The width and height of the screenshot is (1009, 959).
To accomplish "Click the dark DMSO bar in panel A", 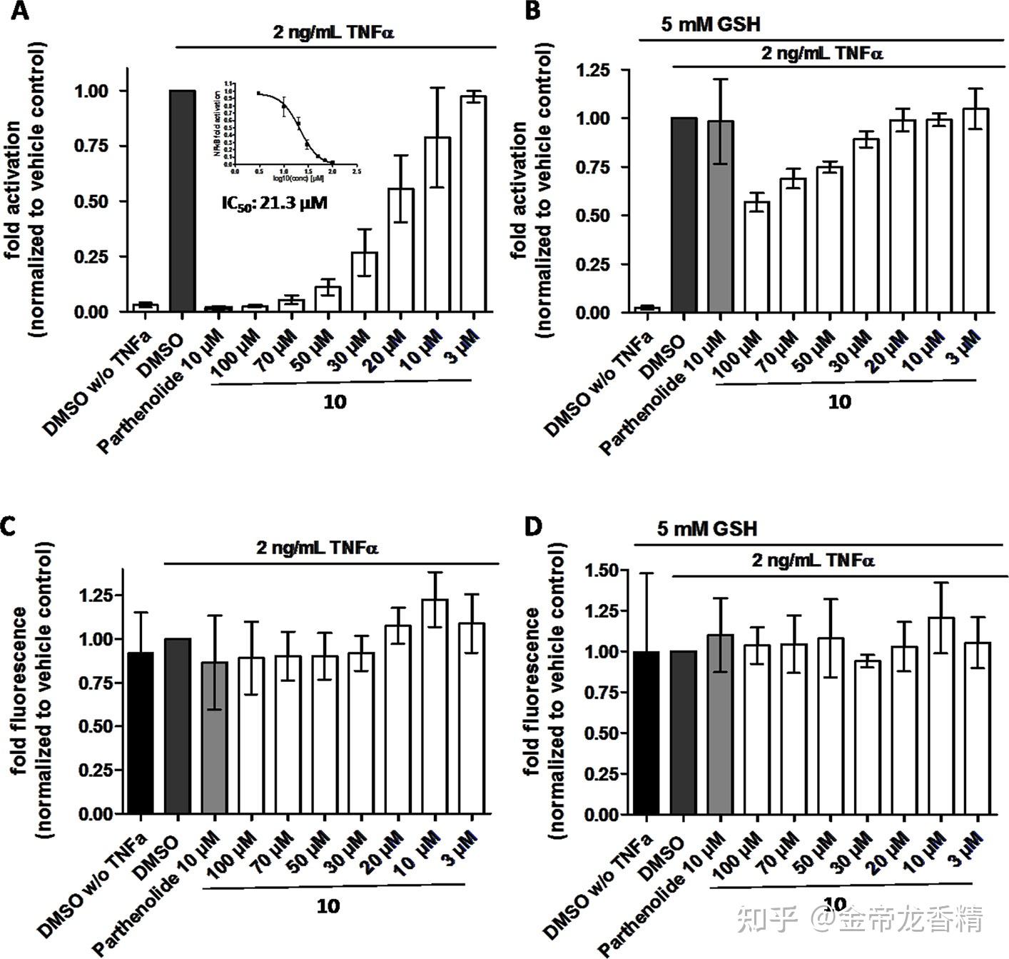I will tap(182, 201).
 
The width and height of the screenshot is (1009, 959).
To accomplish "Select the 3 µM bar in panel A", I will tap(473, 204).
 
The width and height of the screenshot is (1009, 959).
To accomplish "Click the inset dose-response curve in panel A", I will tap(293, 125).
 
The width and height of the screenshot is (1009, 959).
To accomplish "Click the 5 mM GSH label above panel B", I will tap(711, 24).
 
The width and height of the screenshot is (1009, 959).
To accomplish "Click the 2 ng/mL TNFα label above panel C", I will tap(318, 548).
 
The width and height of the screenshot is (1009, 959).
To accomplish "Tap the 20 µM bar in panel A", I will tap(400, 250).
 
